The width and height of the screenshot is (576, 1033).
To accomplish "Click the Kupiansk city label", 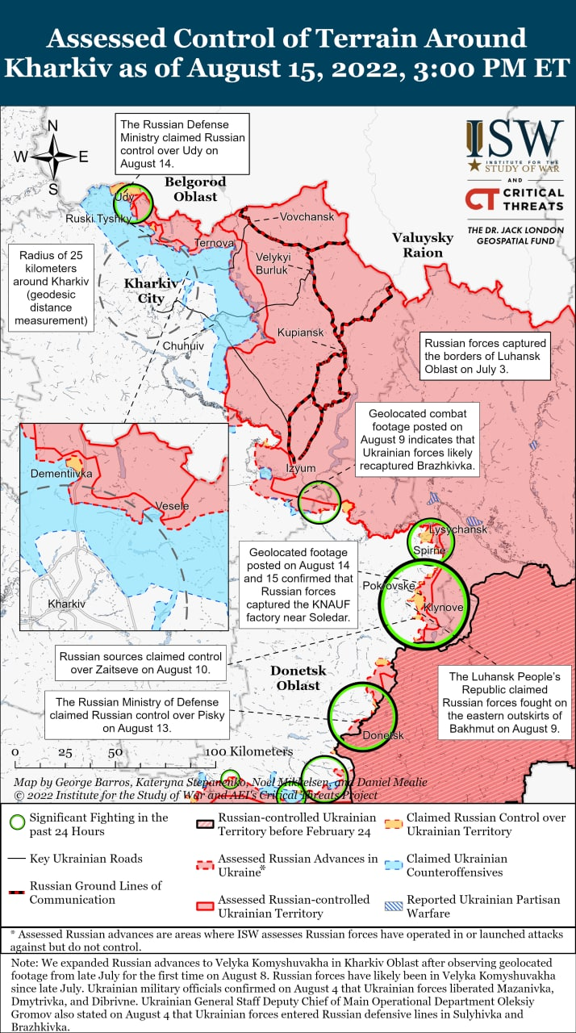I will (x=300, y=332).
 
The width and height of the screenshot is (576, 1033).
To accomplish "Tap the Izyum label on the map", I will (x=301, y=468).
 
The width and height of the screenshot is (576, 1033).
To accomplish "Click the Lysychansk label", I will (x=458, y=529).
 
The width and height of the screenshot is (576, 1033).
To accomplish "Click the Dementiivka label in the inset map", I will (x=61, y=474).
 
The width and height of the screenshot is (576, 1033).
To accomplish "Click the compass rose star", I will (x=53, y=156).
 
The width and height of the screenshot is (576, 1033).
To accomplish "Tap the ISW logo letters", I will (x=515, y=140).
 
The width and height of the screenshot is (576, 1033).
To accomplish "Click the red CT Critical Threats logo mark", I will (x=482, y=199).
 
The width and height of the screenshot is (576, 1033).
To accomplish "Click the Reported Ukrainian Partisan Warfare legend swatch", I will (x=393, y=907).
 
